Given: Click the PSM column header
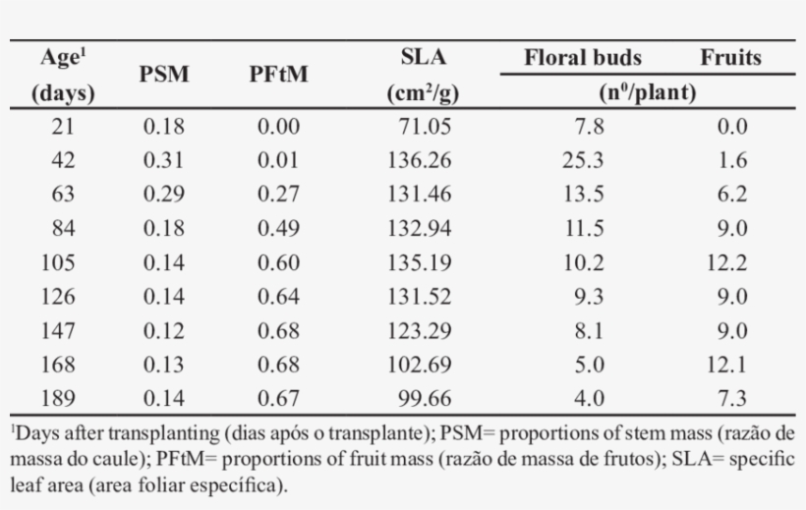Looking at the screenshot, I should point(164,74).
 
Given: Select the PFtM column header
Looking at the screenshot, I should point(278,74).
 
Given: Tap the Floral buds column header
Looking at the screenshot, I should point(583,57).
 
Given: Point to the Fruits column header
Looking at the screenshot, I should point(730,57).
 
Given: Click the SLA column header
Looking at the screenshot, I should point(424,57).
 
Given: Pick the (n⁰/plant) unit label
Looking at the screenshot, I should point(648,93).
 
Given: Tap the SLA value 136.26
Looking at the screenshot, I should point(420,160).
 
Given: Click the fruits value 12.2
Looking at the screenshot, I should point(728,262).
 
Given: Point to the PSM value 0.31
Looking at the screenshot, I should point(164,160).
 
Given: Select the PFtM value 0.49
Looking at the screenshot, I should point(278,229).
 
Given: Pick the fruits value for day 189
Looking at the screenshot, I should point(732,398).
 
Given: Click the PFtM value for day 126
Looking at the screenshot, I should point(278,297).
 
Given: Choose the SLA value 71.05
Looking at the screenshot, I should point(427,127).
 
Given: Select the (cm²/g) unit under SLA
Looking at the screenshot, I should point(424,94).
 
